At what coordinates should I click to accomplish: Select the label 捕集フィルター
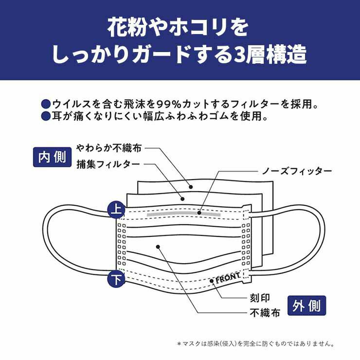coord(108,164)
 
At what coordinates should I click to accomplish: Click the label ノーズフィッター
coord(297,171)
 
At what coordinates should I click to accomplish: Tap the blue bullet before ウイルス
coord(46,104)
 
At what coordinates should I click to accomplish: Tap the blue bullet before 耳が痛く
coord(46,116)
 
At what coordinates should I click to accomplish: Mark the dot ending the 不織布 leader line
coord(159,247)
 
